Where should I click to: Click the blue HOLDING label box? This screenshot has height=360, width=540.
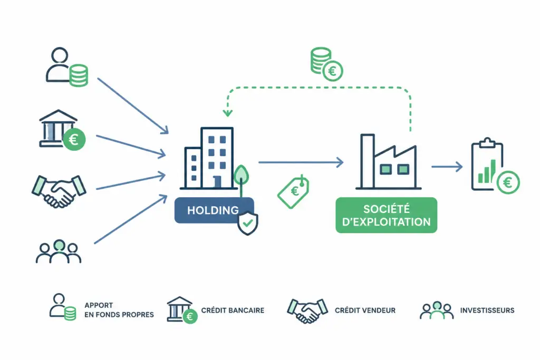tap(214, 210)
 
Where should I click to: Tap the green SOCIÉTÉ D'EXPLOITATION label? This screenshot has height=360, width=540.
tap(386, 215)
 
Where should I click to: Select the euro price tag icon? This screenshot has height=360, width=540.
tap(293, 191)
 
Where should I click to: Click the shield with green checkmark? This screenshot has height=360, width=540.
tap(248, 223)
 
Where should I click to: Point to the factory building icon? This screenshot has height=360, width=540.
tap(388, 162)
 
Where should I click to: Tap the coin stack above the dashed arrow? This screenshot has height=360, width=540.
tap(326, 64)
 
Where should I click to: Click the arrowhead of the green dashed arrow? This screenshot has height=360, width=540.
tap(227, 113)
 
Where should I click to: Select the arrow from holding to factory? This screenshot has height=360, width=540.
tap(301, 162)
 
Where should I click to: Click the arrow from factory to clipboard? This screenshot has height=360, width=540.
tap(447, 167)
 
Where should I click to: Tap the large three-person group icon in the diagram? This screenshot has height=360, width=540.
tap(59, 251)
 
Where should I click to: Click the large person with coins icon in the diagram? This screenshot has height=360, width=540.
tap(67, 67)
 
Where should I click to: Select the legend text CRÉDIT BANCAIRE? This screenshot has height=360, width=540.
tap(233, 310)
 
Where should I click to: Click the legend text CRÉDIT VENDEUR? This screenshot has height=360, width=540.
tap(365, 310)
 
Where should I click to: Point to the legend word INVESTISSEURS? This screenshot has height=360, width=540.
tap(487, 310)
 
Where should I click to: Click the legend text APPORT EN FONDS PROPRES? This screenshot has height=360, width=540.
tap(119, 310)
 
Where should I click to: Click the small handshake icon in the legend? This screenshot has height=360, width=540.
tap(307, 310)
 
